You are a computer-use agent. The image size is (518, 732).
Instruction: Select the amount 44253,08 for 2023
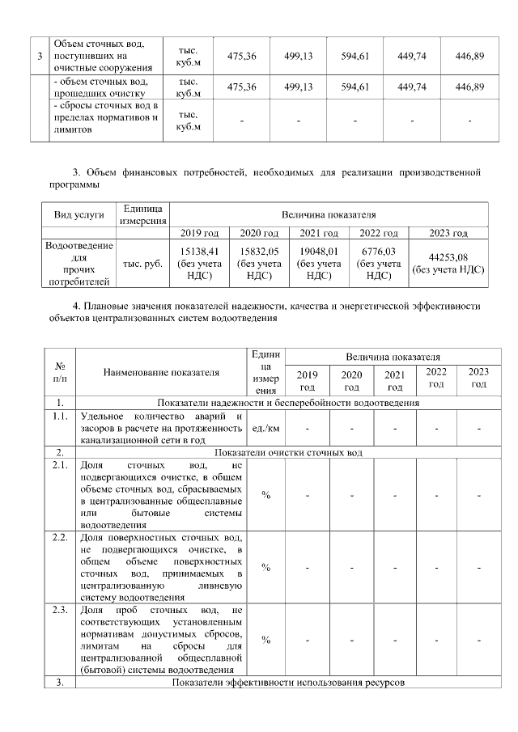(450, 258)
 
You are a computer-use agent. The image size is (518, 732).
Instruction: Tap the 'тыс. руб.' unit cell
(142, 264)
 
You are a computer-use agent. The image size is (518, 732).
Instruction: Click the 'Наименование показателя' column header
(161, 373)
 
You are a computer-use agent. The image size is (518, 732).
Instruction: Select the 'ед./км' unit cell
(265, 429)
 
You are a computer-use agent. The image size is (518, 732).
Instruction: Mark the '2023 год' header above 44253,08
(449, 234)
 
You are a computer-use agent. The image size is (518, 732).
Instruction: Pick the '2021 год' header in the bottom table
(394, 380)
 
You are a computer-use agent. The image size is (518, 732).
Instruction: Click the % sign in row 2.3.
(265, 640)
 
